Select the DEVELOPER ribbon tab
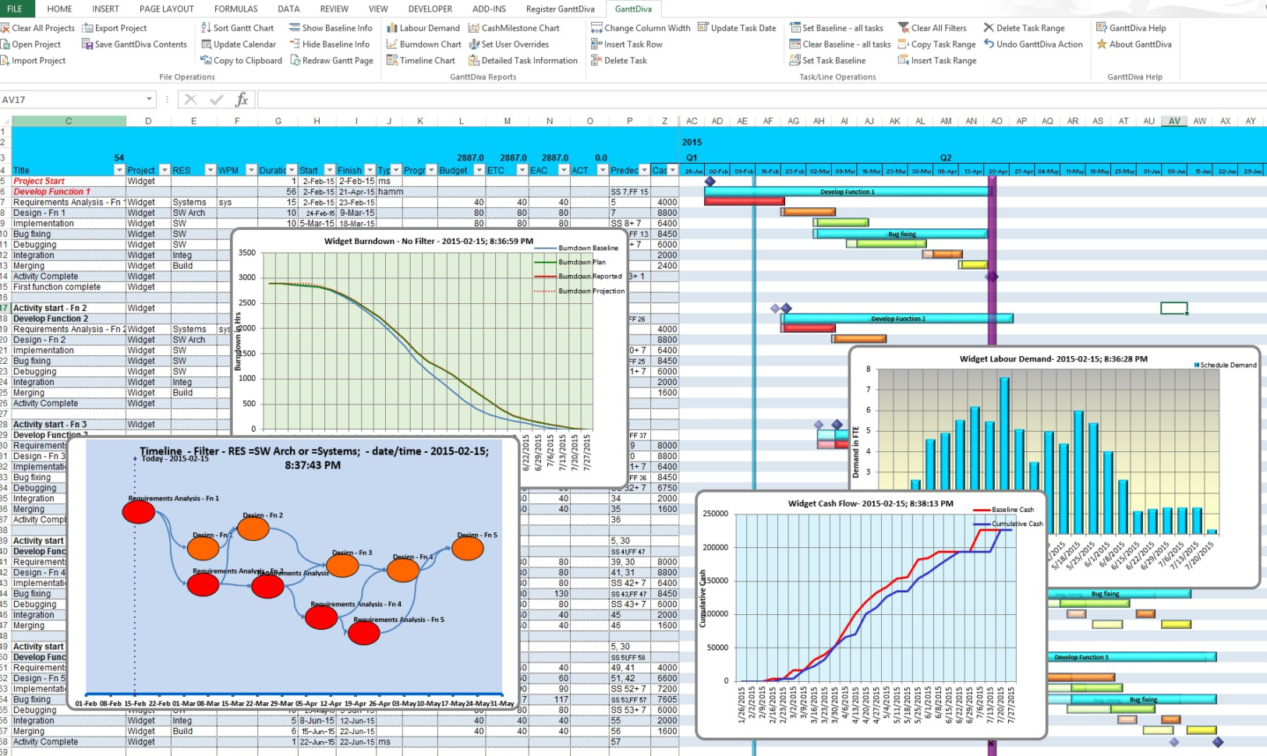point(430,9)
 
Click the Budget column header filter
point(479,170)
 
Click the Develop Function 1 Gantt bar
point(847,192)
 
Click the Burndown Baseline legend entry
point(587,248)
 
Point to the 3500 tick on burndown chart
point(247,253)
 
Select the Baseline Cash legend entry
point(1011,510)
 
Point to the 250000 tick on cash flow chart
point(715,514)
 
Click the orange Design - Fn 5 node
point(468,549)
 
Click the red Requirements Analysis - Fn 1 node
point(139,512)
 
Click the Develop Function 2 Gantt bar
point(897,319)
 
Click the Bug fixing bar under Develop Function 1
point(901,234)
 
